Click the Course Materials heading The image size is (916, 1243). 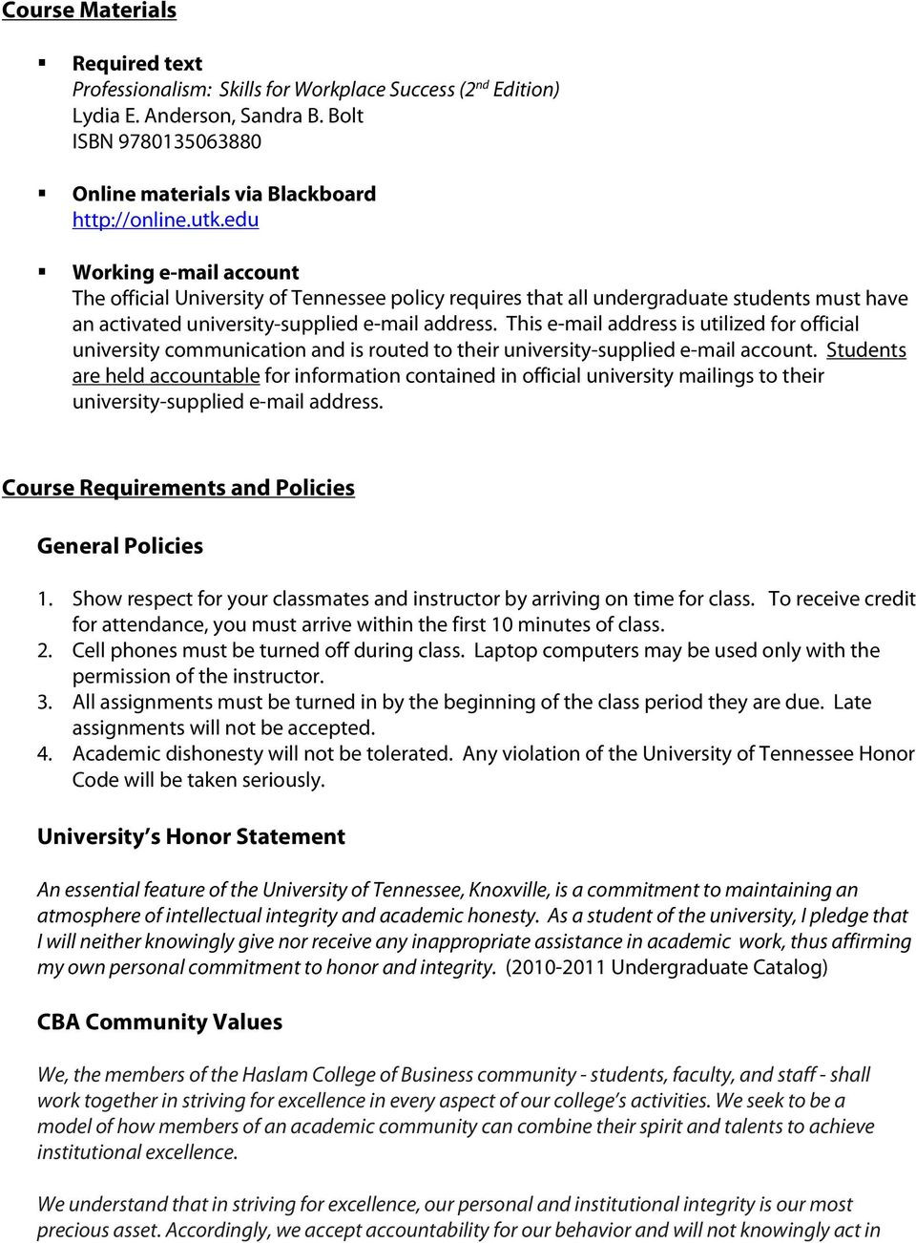point(89,11)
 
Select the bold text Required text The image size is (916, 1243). point(137,64)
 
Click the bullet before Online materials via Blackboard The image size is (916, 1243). point(43,193)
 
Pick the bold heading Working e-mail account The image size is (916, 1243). point(185,272)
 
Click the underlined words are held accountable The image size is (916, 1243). point(166,376)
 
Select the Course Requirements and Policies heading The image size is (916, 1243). point(178,488)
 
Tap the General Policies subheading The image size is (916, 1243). point(120,546)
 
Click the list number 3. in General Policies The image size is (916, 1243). point(44,703)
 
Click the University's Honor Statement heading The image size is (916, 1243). point(191,837)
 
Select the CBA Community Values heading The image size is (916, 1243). point(159,1022)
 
